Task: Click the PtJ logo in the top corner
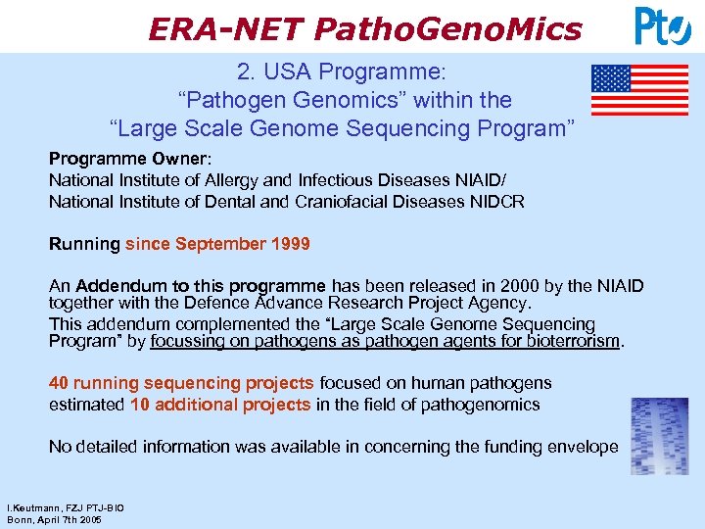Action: coord(663,25)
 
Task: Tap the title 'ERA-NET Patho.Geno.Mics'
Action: coord(364,28)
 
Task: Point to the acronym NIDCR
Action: coord(497,202)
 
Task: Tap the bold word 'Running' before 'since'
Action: coord(84,244)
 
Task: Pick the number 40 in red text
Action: coord(59,383)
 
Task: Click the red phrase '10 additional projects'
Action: coord(219,405)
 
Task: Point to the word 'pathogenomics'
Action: coord(488,405)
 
